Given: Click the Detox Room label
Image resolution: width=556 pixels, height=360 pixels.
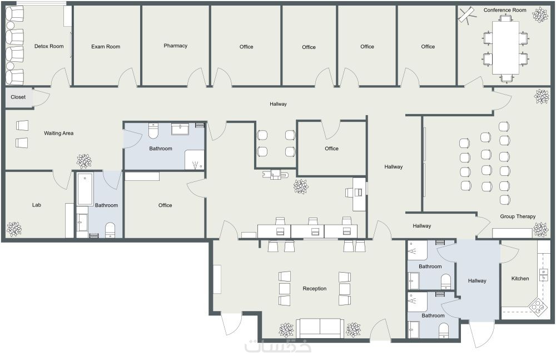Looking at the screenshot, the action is click(x=49, y=46).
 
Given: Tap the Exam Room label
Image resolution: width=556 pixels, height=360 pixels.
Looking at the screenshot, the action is click(x=106, y=47).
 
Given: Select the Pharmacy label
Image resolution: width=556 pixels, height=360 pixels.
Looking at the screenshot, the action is click(x=176, y=46).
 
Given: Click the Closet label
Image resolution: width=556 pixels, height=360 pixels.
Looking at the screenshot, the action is click(x=18, y=97).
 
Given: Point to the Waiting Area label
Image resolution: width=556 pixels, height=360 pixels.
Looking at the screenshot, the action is click(x=58, y=134).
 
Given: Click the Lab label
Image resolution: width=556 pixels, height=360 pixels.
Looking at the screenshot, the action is click(x=37, y=205).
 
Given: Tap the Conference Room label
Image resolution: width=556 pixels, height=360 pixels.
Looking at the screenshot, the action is click(x=505, y=11).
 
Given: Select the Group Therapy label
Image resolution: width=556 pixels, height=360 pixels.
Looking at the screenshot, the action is click(x=518, y=216).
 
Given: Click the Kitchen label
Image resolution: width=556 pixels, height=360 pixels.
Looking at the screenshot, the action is click(x=520, y=279).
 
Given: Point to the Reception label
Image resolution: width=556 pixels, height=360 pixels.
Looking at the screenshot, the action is click(x=315, y=289).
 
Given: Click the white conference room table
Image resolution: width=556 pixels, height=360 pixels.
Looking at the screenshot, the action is click(x=505, y=48).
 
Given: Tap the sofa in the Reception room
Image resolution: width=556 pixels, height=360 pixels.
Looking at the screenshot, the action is click(x=320, y=328).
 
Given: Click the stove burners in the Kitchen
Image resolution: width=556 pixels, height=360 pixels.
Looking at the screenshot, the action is click(x=538, y=305).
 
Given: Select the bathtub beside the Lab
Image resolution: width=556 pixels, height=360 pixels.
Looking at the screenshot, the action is click(x=85, y=190).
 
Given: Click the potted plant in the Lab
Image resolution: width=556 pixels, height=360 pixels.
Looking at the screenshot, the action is click(x=14, y=229).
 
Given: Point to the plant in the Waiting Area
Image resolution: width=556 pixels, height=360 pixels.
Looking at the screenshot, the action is click(x=84, y=161).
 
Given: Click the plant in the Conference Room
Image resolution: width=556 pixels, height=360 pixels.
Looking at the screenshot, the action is click(x=540, y=15).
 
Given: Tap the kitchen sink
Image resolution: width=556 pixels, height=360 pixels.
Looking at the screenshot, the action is click(x=543, y=274).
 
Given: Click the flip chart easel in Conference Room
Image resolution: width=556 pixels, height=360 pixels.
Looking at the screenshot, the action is click(x=467, y=16).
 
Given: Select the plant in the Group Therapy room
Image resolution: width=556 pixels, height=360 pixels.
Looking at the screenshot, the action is click(x=541, y=229).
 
